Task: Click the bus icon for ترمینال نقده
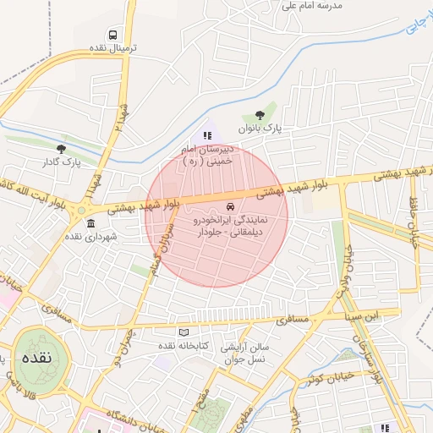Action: [x=113, y=35]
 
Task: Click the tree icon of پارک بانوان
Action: [x=260, y=115]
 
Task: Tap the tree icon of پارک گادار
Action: [x=59, y=148]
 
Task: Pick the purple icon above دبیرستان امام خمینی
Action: [x=207, y=134]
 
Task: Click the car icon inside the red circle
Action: [x=230, y=208]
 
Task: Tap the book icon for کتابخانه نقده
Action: [x=184, y=332]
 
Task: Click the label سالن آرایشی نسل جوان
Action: [x=244, y=354]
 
